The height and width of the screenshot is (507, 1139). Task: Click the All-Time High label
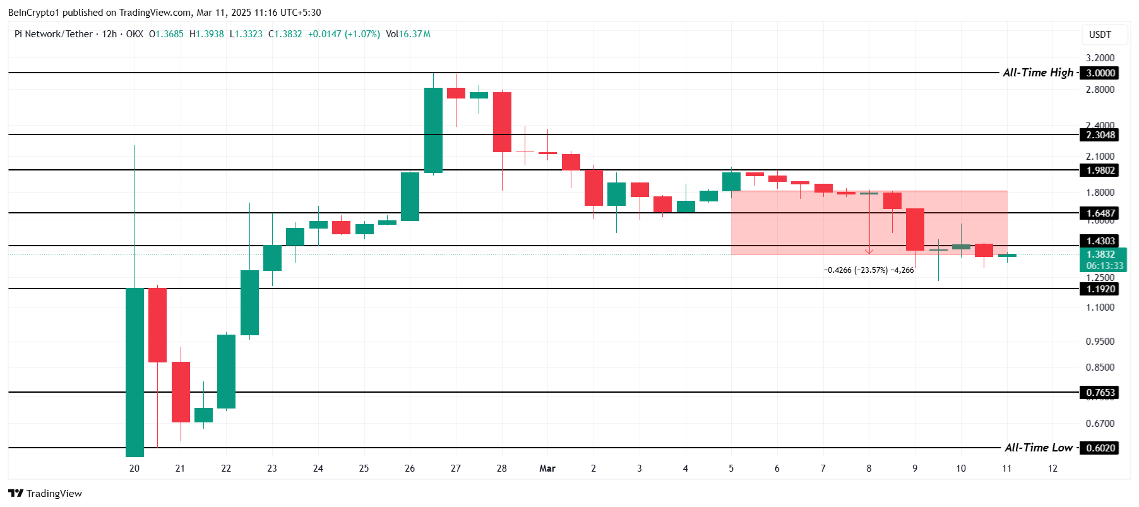1037,73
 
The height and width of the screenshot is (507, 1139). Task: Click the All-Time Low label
1039,448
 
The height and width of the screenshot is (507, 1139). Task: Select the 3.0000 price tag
1100,73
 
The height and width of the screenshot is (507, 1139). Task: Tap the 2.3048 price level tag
1100,134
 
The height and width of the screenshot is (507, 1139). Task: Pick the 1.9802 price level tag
1100,170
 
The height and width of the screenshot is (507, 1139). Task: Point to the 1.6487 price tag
1100,213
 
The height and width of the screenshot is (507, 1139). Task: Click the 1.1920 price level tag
1100,289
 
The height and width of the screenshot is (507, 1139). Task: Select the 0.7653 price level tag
1100,392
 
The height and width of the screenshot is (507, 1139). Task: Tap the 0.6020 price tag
1100,448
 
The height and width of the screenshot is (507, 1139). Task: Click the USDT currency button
1100,35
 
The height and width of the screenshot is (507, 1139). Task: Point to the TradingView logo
45,493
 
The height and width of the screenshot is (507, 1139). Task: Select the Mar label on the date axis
547,468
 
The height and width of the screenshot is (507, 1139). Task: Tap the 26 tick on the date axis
410,468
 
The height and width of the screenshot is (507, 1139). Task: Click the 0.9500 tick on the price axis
1100,342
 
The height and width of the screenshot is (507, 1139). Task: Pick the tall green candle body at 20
134,372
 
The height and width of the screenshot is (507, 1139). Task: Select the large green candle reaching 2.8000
433,130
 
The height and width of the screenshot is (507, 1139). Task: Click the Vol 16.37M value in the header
408,34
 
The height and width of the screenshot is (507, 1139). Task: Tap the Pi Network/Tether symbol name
54,34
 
